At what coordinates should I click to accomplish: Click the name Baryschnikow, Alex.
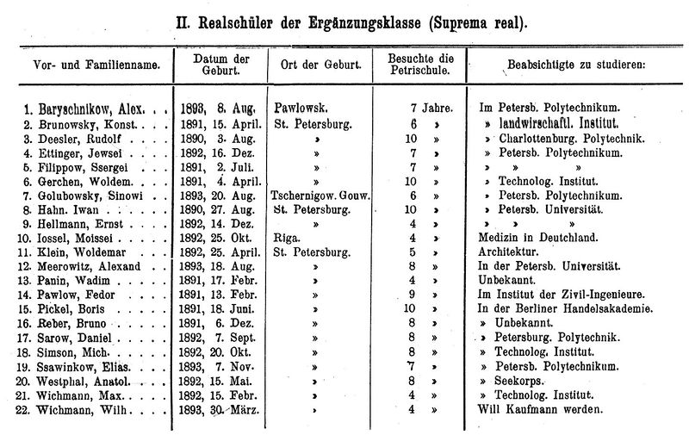pyautogui.click(x=87, y=110)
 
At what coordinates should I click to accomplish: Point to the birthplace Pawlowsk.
pyautogui.click(x=302, y=110)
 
